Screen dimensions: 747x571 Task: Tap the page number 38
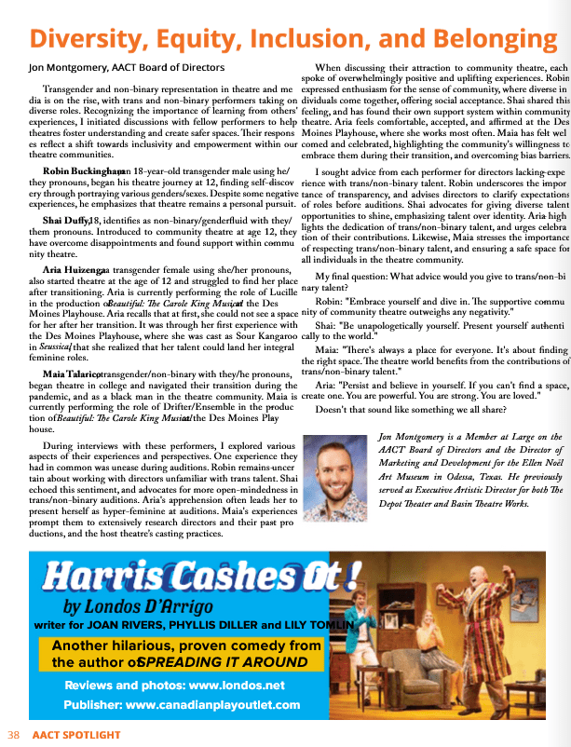pyautogui.click(x=14, y=735)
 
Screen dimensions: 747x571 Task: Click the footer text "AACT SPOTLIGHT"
pyautogui.click(x=76, y=735)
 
